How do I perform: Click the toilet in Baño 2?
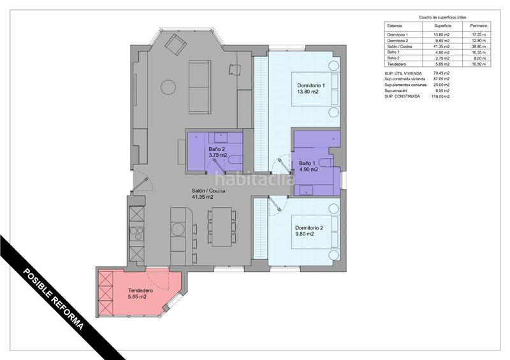234,160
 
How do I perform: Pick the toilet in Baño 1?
326,162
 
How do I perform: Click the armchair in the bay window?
175,44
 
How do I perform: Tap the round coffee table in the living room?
168,87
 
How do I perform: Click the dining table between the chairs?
222,226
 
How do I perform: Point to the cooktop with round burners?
136,233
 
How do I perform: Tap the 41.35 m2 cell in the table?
442,47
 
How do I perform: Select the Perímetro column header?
479,25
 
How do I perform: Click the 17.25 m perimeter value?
479,34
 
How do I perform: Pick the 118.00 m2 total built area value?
441,97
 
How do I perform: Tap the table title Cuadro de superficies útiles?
442,17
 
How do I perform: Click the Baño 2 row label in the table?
393,58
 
